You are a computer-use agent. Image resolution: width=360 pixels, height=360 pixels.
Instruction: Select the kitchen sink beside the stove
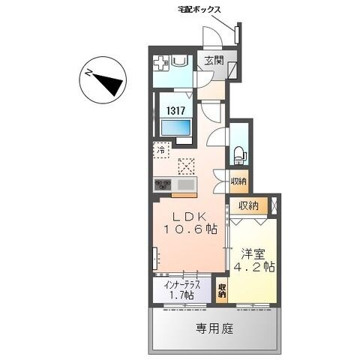tap(187, 184)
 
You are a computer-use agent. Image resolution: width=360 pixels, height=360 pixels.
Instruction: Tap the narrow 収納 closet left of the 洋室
tap(222, 291)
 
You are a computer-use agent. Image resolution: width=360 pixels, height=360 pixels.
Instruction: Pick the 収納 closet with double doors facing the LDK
tap(238, 181)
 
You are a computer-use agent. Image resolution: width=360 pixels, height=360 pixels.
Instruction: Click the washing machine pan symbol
tap(162, 64)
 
